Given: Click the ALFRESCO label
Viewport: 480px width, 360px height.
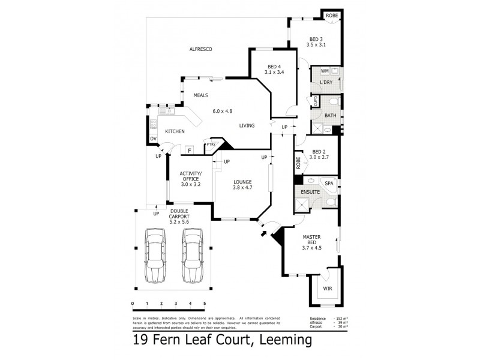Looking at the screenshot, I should pyautogui.click(x=201, y=49).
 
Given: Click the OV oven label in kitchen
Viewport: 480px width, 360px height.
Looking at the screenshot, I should pyautogui.click(x=154, y=139).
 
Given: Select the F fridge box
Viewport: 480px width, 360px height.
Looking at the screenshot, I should pyautogui.click(x=189, y=150).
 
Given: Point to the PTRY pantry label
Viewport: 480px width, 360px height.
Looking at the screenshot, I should pyautogui.click(x=211, y=145).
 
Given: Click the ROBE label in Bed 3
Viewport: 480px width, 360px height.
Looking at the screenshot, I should pyautogui.click(x=331, y=14).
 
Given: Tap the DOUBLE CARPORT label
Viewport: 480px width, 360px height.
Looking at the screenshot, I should pyautogui.click(x=179, y=214).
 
